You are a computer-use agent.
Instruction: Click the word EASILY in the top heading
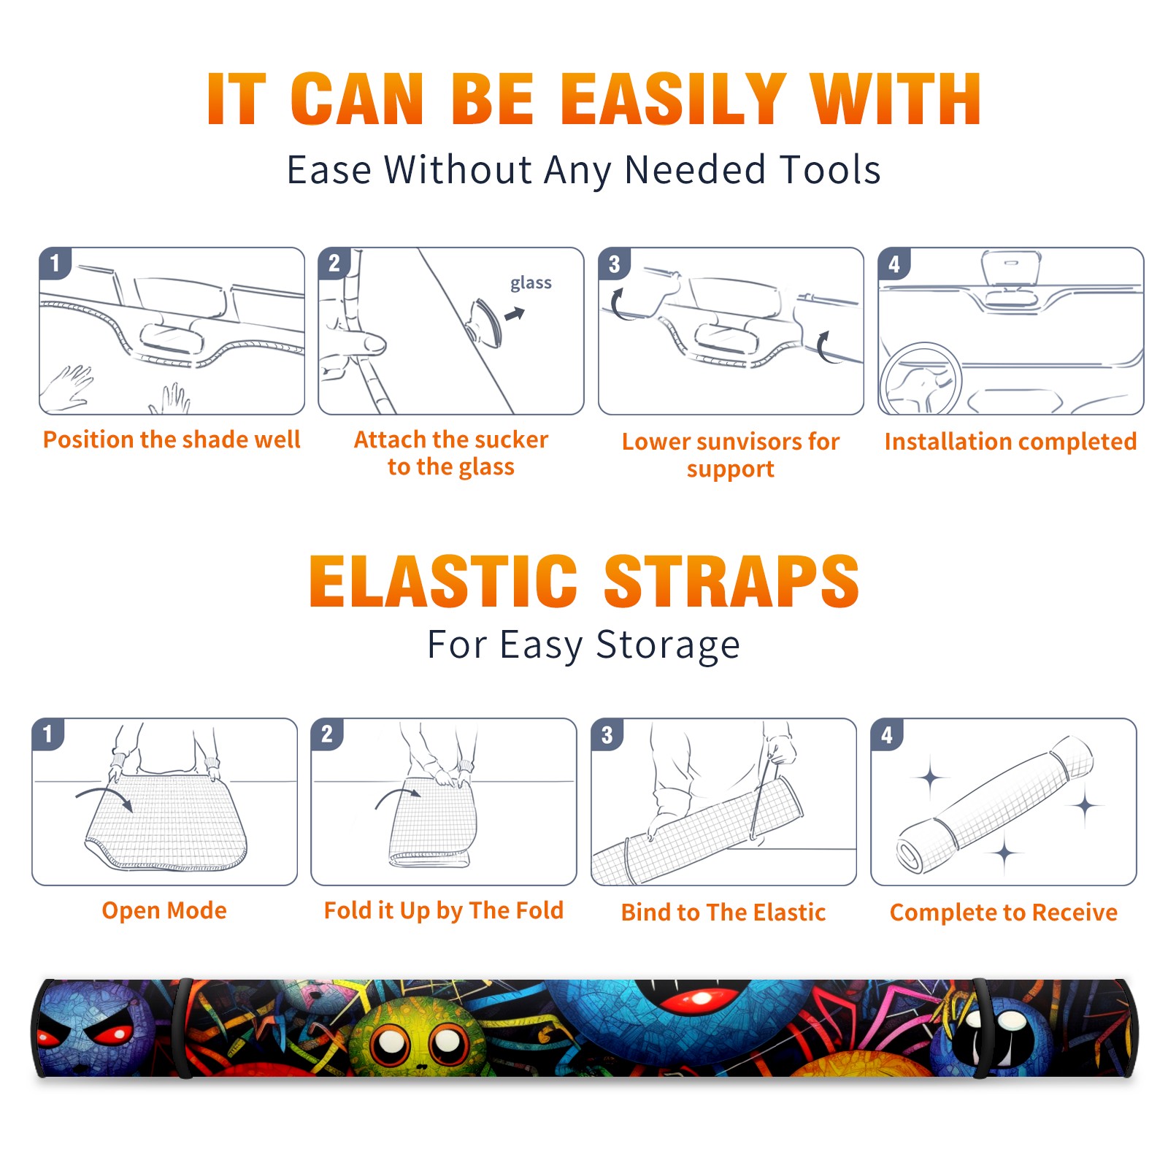point(673,99)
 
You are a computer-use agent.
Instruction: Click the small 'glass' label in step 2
point(531,283)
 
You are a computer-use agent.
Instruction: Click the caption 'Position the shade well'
point(172,439)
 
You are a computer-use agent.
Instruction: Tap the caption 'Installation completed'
point(1010,441)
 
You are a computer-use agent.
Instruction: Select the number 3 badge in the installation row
point(614,264)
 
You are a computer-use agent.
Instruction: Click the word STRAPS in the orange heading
point(731,581)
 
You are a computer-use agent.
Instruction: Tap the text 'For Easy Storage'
point(583,645)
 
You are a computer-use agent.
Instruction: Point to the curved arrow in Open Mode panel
point(104,797)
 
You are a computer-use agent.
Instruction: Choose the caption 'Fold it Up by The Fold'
point(444,910)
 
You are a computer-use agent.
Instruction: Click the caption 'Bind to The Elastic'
point(723,912)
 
